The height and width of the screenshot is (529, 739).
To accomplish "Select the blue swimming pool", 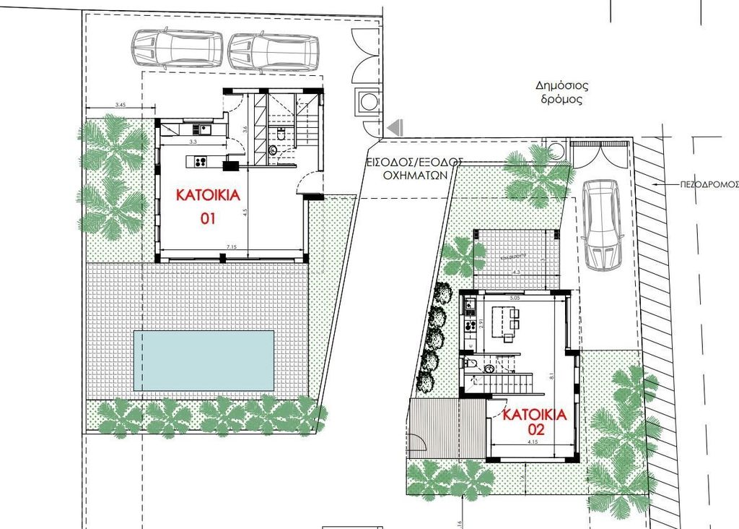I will pyautogui.click(x=204, y=359).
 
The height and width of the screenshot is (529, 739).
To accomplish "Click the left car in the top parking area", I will pyautogui.click(x=176, y=49).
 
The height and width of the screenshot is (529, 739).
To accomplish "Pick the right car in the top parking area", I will pyautogui.click(x=274, y=52).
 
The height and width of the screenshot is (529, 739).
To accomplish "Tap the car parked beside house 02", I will pyautogui.click(x=602, y=224).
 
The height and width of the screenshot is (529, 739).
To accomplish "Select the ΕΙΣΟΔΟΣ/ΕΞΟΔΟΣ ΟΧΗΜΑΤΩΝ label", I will pyautogui.click(x=414, y=168).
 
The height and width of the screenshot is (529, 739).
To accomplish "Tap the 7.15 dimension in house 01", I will pyautogui.click(x=231, y=248).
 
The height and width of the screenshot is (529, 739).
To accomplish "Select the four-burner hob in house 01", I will pyautogui.click(x=198, y=161).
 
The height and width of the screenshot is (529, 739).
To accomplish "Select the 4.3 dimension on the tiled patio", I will pyautogui.click(x=515, y=272).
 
